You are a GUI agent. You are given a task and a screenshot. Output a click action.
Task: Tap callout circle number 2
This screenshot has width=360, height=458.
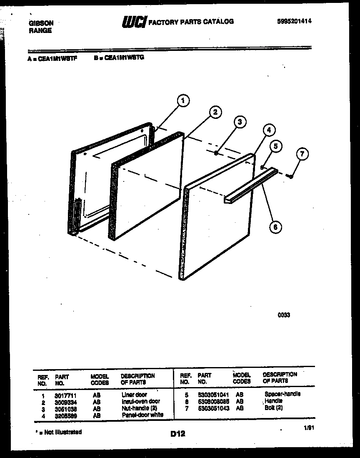215,112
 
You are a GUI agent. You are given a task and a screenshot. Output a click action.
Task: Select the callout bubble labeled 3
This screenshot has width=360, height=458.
239,122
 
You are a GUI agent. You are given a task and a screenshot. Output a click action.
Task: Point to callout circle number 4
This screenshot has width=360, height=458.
269,130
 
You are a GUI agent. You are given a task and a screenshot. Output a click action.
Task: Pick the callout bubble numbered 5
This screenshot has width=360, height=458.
275,146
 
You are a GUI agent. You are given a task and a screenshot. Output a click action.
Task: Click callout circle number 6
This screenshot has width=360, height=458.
275,226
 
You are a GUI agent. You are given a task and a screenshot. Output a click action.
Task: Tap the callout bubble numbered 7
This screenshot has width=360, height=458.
302,154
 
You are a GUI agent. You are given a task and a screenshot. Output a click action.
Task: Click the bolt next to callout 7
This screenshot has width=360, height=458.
291,176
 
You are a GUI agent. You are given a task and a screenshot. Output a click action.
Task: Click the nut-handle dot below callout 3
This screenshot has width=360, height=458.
216,154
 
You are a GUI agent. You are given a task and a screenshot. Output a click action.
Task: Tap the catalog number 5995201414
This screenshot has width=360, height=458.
294,21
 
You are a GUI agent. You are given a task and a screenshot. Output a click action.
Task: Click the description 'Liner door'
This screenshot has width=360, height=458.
134,394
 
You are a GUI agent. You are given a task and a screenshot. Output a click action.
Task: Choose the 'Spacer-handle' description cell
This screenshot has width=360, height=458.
282,394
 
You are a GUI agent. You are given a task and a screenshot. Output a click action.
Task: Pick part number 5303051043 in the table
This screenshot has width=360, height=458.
213,408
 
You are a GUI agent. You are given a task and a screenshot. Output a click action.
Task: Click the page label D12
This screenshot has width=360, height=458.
177,434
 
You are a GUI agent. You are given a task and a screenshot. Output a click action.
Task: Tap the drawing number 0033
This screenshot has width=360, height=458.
284,315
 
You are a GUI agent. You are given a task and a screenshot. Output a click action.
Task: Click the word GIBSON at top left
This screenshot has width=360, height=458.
41,23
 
